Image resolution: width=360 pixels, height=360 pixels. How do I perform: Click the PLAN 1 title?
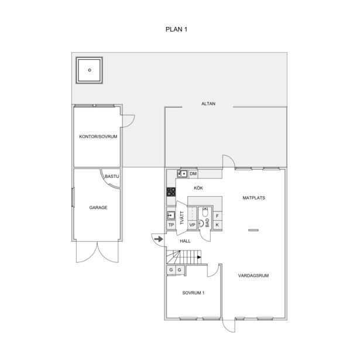tap(176, 29)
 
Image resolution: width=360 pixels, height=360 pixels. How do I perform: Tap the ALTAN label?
tap(208, 104)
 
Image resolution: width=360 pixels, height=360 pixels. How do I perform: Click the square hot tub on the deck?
tap(90, 70)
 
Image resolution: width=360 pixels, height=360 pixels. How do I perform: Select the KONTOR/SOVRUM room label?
tap(98, 136)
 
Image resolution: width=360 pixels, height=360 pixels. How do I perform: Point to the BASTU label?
tap(112, 177)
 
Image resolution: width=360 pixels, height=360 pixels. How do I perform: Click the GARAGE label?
tap(98, 208)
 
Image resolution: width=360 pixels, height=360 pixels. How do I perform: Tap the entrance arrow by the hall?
tap(159, 239)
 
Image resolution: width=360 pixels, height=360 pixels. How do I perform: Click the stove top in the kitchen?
tap(171, 192)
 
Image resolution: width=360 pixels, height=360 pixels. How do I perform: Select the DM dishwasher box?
tap(193, 174)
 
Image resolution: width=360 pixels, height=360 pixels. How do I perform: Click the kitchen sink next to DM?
tap(183, 174)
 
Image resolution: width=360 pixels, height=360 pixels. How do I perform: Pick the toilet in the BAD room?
tap(205, 212)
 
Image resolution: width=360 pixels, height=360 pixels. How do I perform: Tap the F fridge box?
tap(217, 216)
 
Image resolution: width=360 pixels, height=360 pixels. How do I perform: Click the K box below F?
tap(217, 225)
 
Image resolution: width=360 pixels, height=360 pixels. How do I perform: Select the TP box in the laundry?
tap(171, 225)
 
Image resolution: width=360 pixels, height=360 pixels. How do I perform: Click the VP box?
tap(192, 225)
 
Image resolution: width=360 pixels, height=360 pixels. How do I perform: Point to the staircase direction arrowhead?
tap(199, 257)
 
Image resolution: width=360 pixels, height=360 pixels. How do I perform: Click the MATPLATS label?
tap(253, 198)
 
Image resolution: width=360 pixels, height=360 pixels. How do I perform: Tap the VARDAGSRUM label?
tap(253, 276)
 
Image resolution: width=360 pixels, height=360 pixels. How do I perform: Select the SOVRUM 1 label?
tap(193, 293)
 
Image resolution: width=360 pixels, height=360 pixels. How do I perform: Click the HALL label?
tap(185, 241)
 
